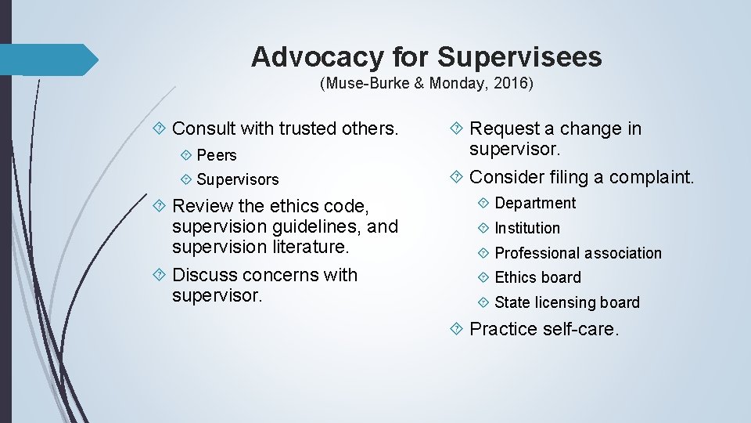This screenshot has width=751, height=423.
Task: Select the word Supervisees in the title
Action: tap(519, 57)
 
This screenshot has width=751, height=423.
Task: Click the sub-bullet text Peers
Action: tap(217, 155)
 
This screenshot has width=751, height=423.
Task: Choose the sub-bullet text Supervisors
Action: tap(238, 179)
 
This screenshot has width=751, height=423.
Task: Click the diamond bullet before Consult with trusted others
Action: tap(160, 128)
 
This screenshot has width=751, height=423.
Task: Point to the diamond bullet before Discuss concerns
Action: tap(160, 275)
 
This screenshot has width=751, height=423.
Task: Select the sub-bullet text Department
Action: tap(535, 204)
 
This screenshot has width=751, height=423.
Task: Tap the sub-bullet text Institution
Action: tap(527, 228)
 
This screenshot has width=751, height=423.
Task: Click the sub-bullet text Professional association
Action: tap(578, 253)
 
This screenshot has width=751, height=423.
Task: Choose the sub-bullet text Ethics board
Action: tap(538, 277)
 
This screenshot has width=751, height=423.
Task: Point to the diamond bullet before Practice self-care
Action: tap(458, 329)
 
